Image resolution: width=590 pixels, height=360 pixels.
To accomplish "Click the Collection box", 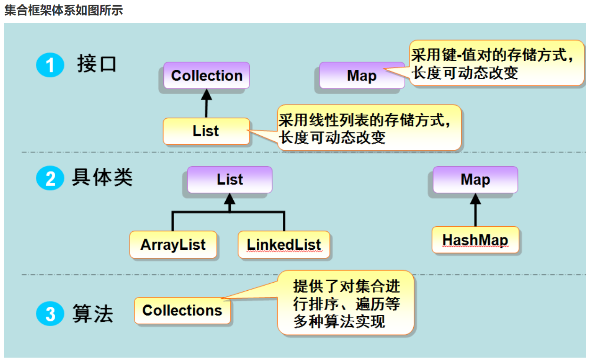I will [206, 75].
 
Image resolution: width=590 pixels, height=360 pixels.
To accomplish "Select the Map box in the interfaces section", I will [361, 75].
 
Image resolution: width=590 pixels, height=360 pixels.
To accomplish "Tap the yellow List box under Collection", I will [206, 131].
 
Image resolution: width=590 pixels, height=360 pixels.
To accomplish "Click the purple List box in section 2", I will [229, 180].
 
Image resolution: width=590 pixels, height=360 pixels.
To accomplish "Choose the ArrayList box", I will [173, 245].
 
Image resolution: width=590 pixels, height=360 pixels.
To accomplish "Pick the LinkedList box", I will [284, 245].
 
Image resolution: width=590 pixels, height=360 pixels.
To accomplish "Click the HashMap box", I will [475, 240].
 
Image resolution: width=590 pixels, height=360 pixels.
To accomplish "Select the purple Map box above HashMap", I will [475, 180].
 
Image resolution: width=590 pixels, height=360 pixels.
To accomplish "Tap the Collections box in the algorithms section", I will [182, 311].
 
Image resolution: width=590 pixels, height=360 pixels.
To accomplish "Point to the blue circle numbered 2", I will [50, 179].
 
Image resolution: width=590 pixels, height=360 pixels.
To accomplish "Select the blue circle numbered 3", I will [50, 314].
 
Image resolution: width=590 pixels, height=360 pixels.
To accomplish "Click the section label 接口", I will [97, 64].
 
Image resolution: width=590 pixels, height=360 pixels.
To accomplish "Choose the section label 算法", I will [93, 313].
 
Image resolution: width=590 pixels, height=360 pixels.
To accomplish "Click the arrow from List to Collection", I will [205, 103].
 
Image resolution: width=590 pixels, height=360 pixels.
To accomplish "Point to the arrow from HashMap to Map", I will [475, 210].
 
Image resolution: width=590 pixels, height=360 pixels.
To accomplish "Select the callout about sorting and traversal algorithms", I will [346, 303].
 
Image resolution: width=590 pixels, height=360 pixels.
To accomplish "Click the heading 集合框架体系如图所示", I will [64, 10].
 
